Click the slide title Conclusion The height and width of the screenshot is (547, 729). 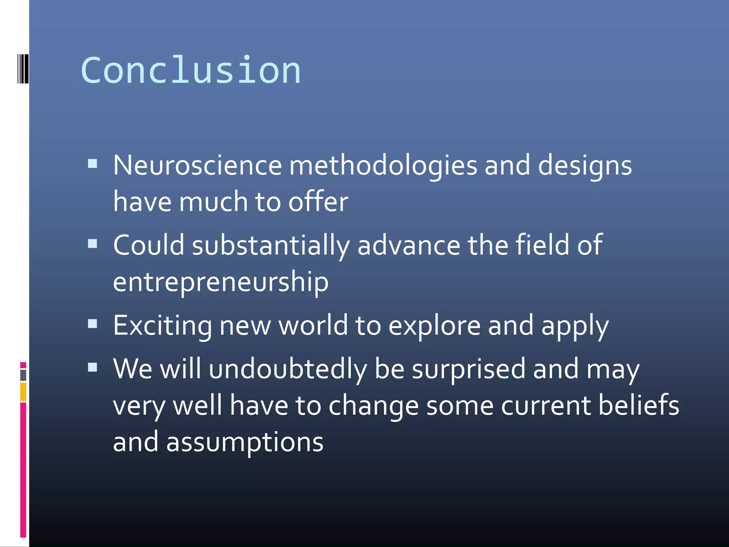coord(191,71)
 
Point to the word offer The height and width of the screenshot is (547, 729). coord(318,202)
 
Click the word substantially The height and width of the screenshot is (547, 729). coord(271,246)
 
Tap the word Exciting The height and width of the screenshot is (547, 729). coord(162,326)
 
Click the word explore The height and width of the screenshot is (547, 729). coord(434,326)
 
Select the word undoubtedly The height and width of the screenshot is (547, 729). coord(288,369)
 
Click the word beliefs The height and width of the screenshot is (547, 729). coord(639,405)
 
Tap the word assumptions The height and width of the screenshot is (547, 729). coord(245,442)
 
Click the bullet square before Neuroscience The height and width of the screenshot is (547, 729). coord(93,163)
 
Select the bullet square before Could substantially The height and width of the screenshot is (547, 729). coord(93,244)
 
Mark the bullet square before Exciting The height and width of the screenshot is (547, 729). coord(93,323)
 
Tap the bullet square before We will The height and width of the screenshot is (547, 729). coord(93,367)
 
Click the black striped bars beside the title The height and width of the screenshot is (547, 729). coord(23,68)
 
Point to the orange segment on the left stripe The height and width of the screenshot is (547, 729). coord(23,392)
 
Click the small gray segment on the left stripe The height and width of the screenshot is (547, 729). coord(23,375)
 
